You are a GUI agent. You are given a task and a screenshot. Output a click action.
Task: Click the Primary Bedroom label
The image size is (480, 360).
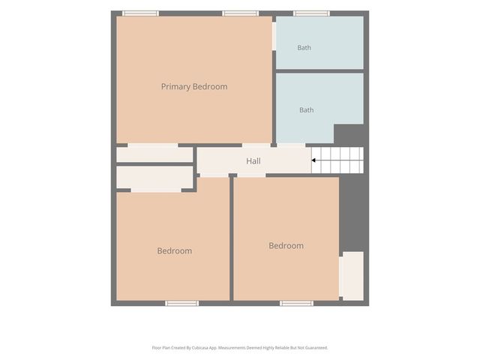(x=194, y=87)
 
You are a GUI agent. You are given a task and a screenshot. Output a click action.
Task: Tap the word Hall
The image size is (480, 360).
(x=253, y=161)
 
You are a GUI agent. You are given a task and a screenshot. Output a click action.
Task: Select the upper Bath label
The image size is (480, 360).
(x=304, y=48)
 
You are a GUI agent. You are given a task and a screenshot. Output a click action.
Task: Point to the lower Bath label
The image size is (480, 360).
(x=307, y=110)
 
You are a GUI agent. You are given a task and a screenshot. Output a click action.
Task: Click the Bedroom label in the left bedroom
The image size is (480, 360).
(x=175, y=250)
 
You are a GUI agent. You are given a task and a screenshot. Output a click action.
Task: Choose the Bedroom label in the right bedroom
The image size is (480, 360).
(x=286, y=245)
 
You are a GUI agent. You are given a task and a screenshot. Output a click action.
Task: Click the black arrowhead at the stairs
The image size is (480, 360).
(x=313, y=160)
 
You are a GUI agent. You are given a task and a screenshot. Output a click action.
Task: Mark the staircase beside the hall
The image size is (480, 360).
(x=337, y=160)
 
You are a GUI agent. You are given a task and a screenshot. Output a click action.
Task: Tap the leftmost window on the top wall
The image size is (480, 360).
(x=140, y=13)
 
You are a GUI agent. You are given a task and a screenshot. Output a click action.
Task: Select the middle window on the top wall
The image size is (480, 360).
(x=240, y=13)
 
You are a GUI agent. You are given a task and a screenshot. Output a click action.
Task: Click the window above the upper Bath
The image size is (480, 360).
(x=312, y=13)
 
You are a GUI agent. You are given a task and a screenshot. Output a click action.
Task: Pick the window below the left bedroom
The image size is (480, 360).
(x=181, y=303)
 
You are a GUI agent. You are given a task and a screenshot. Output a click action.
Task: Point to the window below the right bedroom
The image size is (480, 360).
(x=296, y=303)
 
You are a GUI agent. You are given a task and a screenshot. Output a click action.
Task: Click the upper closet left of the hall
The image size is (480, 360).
(x=154, y=154)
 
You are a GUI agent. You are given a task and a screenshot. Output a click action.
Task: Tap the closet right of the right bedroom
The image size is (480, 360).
(x=353, y=276)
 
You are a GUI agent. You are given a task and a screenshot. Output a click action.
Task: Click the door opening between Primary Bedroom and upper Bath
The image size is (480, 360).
(x=274, y=36)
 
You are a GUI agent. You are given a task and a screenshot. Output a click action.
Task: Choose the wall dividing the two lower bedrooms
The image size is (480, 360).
(x=232, y=237)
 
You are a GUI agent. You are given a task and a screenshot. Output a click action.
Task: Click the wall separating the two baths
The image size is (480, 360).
(x=320, y=71)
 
